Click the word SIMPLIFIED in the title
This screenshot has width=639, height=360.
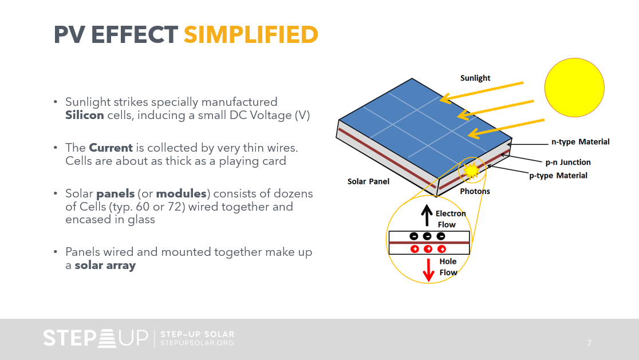tap(251, 35)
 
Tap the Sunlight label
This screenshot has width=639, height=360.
tap(475, 78)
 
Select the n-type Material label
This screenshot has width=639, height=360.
tap(580, 141)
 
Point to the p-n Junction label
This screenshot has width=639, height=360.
tap(567, 162)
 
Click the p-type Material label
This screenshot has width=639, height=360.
tap(558, 175)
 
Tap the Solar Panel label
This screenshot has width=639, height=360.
tap(368, 181)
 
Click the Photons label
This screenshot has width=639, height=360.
tap(475, 191)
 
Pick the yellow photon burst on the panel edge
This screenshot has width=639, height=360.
tap(472, 170)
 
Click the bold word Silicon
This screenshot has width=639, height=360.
tap(84, 115)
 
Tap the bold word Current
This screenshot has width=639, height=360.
tap(111, 148)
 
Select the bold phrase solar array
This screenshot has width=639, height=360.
tap(105, 266)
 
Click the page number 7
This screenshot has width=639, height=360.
tap(589, 343)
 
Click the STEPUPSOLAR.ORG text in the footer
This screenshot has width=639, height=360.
tap(198, 343)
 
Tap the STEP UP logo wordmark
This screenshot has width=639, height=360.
tap(95, 338)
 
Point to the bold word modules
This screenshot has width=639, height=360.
tap(181, 193)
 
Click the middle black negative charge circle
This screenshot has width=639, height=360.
tap(427, 236)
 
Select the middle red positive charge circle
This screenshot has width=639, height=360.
tap(427, 249)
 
